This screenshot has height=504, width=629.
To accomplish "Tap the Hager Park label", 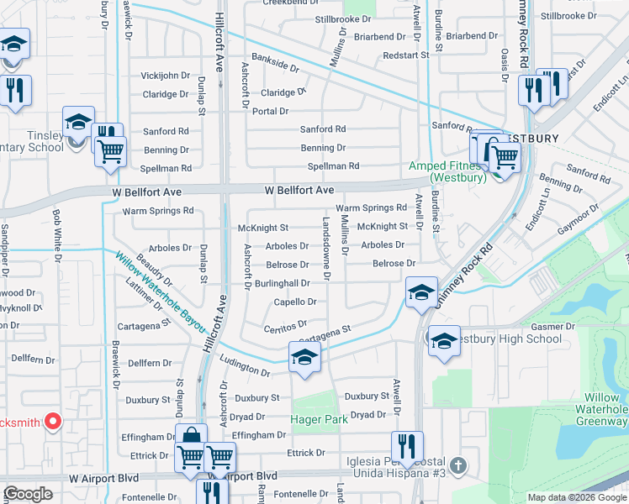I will point(319,418).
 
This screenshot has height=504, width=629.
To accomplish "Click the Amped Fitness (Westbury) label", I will point(446,172).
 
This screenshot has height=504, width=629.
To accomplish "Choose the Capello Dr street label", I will point(295,302).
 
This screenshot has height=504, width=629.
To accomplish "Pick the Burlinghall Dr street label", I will point(283,284).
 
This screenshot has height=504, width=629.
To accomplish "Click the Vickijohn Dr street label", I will point(166,75).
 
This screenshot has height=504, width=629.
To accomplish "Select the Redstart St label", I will point(405,55).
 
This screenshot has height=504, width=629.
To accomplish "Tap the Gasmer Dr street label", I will point(552,325).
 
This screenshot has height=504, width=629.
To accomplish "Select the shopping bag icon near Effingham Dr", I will point(191,436).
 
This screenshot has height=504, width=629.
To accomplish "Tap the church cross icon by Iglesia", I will point(457,464).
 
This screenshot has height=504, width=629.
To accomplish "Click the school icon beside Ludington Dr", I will point(304,357).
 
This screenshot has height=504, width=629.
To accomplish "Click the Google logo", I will point(29,495).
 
